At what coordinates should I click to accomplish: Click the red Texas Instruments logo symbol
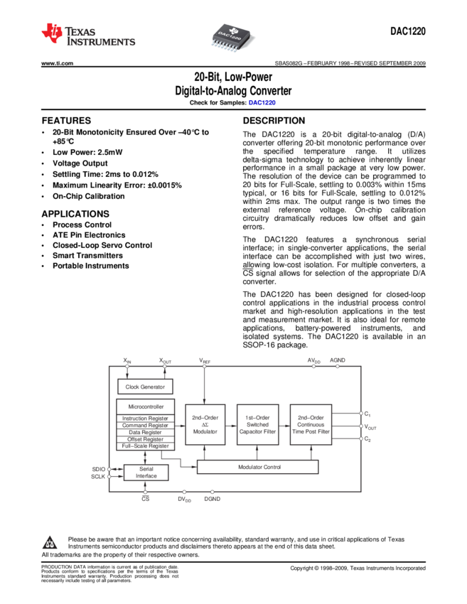(x=52, y=33)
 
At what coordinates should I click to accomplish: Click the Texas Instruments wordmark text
(x=100, y=36)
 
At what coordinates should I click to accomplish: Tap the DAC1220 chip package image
(x=233, y=36)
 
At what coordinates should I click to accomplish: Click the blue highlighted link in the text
(x=262, y=102)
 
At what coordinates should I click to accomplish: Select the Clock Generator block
(x=145, y=387)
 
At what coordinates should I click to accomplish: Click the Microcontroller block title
(x=146, y=406)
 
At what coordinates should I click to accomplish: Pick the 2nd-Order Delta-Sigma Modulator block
(x=205, y=425)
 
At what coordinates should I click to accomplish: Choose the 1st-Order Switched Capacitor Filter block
(x=257, y=425)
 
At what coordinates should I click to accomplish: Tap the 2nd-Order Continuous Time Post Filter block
(x=311, y=425)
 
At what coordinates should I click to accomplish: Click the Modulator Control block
(x=257, y=467)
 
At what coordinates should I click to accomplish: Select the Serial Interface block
(x=146, y=473)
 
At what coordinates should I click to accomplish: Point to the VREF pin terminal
(x=205, y=366)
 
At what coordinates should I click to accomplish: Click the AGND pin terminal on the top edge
(x=338, y=366)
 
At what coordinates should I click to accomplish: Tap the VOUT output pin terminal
(x=361, y=426)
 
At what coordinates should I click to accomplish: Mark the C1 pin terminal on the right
(x=361, y=413)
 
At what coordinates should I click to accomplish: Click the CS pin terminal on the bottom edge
(x=145, y=492)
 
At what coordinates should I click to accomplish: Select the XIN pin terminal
(x=127, y=366)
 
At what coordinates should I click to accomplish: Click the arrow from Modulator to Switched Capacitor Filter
(x=231, y=425)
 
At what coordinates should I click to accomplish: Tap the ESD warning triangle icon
(x=49, y=544)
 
